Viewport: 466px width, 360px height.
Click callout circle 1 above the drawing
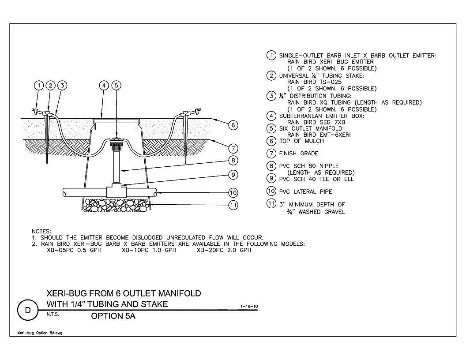tap(39, 86)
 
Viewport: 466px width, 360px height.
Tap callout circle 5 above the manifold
tap(116, 86)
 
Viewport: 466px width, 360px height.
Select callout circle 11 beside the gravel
tap(233, 205)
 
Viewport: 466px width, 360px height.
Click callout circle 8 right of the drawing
tap(233, 161)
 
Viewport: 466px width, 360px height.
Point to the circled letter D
tap(28, 311)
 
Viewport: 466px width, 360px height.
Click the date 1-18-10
tap(249, 306)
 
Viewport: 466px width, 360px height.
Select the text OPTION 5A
tap(113, 316)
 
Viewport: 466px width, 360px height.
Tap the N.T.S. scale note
tap(53, 314)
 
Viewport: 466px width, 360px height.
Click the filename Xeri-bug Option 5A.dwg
tap(40, 333)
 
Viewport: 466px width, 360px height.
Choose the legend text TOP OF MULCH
tap(301, 141)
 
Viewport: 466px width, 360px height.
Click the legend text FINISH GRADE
tap(299, 154)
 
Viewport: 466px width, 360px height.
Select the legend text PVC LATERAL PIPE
tap(305, 191)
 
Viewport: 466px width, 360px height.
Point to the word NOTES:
tap(41, 231)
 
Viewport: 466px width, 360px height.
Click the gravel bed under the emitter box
tap(116, 205)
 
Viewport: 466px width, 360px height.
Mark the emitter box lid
tap(116, 120)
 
